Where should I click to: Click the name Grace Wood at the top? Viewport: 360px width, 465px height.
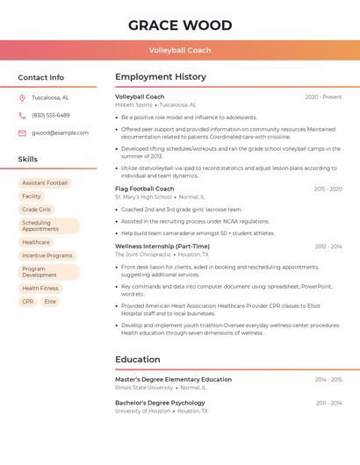[180, 25]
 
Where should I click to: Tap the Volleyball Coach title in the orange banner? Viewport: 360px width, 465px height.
[180, 51]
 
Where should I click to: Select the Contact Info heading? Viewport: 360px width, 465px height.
[40, 77]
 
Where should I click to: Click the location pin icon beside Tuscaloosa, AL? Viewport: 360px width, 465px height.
[22, 97]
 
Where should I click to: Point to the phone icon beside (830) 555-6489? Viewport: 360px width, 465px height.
[22, 115]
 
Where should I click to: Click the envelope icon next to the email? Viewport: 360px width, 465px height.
[22, 133]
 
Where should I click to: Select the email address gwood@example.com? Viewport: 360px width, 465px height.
[60, 133]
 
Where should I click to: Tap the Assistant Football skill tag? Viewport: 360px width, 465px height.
[45, 183]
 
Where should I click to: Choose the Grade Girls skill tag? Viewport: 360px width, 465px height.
[36, 210]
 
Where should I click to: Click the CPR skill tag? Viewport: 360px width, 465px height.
[27, 302]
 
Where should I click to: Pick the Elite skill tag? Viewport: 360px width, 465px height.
[50, 302]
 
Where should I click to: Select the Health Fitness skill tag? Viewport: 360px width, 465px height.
[40, 289]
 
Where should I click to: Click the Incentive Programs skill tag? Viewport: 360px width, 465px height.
[47, 255]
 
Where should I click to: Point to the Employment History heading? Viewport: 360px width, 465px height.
[161, 77]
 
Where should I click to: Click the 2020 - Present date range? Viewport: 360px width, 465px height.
[323, 97]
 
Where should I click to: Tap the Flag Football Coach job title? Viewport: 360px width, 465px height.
[145, 189]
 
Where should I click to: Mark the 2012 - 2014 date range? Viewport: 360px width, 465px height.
[328, 247]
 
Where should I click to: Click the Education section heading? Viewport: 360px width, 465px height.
[138, 360]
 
